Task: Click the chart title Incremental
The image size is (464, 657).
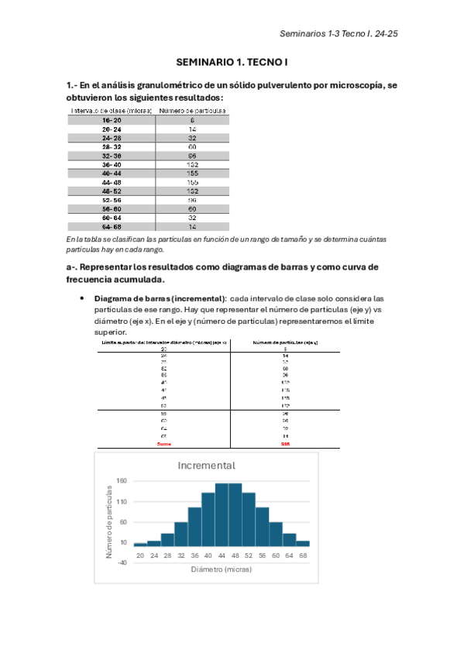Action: tap(206, 465)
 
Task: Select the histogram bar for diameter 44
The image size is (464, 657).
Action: tap(222, 515)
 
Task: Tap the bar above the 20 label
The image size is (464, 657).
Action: tap(140, 544)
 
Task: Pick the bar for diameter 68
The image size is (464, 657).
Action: tap(303, 543)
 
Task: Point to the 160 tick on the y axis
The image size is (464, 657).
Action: tap(122, 481)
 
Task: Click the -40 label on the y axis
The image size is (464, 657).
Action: tap(122, 562)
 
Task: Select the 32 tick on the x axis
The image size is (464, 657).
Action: tap(180, 555)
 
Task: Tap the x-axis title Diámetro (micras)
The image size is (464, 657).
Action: tap(221, 569)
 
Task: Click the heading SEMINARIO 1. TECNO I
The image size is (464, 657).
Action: tap(232, 61)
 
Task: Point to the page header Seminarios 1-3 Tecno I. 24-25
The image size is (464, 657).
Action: tap(339, 34)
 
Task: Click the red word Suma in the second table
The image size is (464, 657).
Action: tap(163, 445)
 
